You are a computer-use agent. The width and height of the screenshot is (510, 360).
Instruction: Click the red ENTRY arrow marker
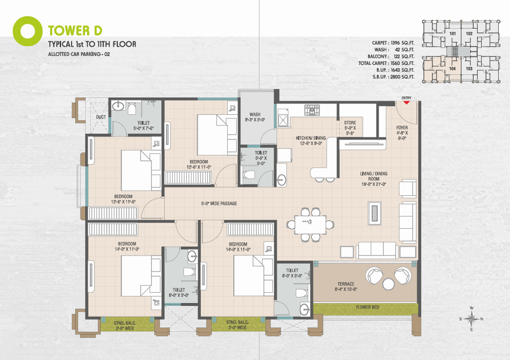406,102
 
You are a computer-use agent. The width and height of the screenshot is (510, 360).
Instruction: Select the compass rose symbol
471,319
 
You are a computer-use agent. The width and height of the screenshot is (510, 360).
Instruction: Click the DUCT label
101,117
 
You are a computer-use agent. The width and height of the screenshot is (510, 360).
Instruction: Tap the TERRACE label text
346,284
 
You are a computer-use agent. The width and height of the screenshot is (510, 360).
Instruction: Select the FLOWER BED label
367,307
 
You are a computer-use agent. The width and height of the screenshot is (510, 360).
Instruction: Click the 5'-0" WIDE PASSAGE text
219,204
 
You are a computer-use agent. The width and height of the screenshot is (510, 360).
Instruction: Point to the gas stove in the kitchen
312,110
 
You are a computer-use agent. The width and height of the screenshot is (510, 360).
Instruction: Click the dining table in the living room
310,225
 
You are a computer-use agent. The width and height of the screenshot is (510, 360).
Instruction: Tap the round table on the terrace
388,284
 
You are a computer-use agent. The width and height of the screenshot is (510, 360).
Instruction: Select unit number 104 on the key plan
453,69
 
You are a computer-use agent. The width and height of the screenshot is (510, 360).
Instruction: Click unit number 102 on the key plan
469,33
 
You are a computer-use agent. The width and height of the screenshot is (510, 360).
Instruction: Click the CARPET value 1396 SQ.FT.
402,43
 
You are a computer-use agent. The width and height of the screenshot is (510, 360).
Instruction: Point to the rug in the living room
375,213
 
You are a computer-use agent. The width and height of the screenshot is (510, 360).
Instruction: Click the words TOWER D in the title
75,31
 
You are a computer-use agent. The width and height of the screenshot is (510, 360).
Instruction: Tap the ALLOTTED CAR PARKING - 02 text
79,54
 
